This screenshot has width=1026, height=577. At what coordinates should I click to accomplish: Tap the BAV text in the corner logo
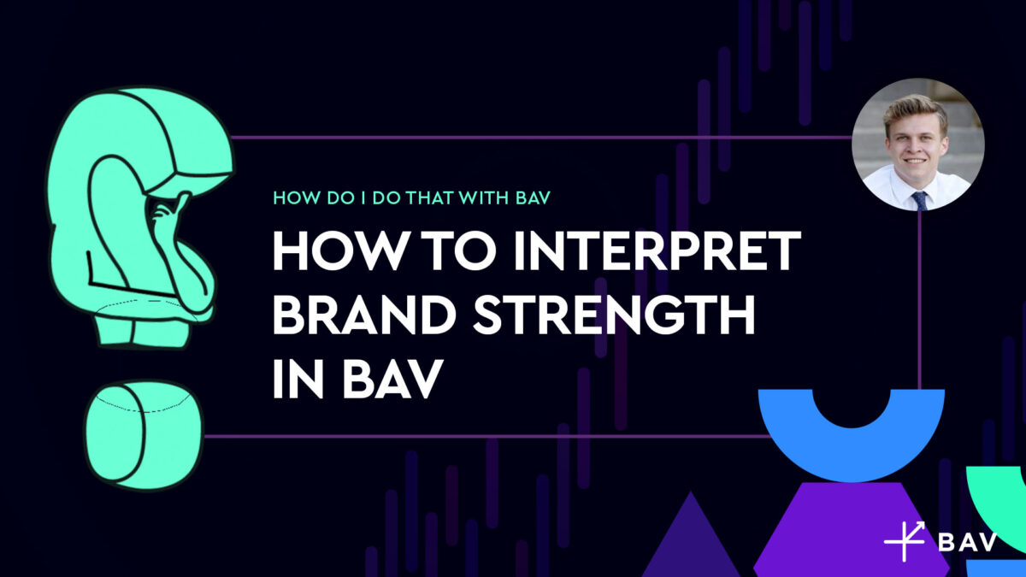tap(966, 544)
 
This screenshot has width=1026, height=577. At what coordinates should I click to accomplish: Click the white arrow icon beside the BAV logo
tap(905, 540)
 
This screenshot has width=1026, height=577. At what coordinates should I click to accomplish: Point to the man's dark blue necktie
tap(919, 200)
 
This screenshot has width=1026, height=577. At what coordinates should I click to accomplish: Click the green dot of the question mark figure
tap(142, 433)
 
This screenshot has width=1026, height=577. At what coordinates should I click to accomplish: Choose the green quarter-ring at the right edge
tap(1000, 504)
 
